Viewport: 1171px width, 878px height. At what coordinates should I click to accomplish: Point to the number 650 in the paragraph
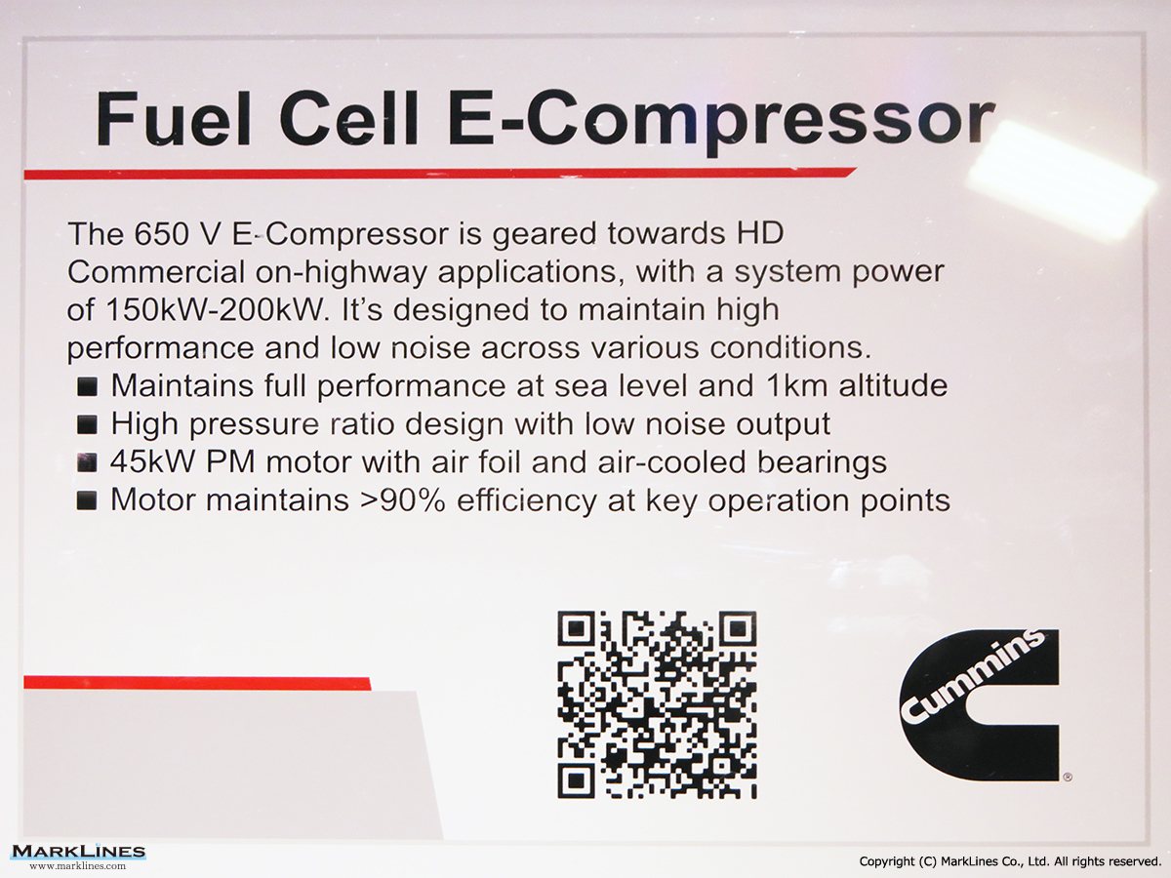162,233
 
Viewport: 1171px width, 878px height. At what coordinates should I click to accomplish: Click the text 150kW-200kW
216,309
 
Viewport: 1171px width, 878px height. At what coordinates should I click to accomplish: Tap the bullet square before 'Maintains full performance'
87,387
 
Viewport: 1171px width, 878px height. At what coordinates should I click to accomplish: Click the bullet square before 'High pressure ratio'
87,425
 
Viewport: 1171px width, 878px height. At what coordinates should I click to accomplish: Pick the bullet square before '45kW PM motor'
87,463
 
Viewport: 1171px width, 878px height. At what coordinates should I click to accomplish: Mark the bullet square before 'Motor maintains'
87,501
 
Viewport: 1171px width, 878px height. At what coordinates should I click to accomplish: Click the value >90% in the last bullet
403,500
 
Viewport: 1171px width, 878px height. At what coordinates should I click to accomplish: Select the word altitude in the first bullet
893,385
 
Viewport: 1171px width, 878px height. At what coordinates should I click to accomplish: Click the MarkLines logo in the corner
78,852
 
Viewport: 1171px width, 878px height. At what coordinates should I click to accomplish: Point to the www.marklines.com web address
78,866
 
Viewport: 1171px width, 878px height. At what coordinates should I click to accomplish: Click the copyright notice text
1010,861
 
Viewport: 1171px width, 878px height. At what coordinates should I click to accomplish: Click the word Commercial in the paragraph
156,272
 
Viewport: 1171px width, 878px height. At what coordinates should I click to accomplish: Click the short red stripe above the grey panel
197,683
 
